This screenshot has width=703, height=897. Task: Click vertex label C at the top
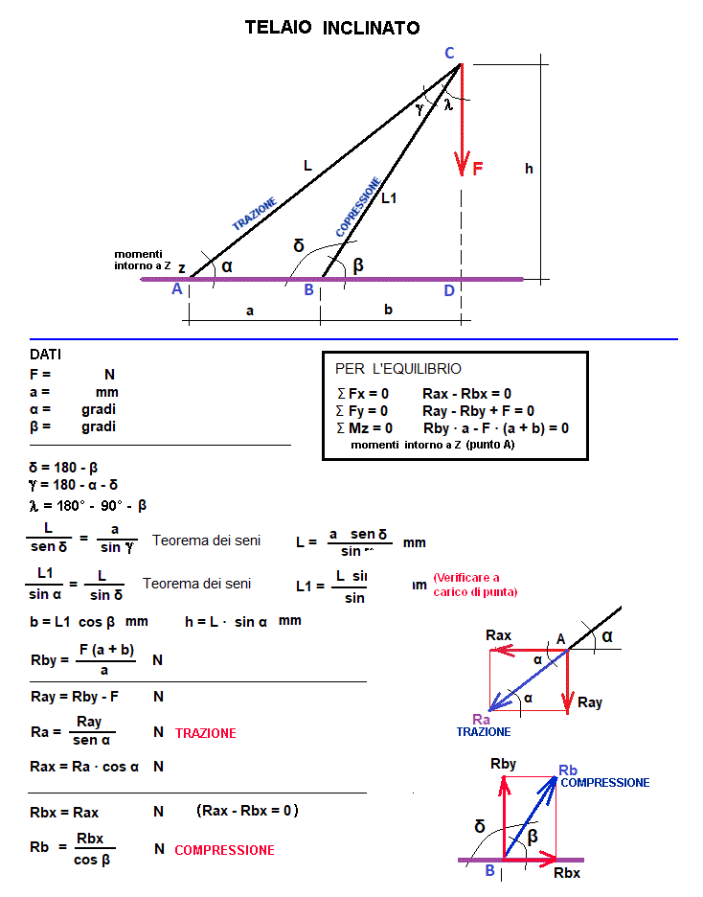449,53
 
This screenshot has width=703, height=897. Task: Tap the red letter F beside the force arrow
478,169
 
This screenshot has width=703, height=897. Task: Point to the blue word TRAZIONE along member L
255,214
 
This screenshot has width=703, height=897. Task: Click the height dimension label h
529,169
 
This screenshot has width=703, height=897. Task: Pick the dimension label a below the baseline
250,310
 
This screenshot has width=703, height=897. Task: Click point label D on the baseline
448,290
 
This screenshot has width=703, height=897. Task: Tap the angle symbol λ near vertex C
447,104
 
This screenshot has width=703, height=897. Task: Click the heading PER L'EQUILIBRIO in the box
397,369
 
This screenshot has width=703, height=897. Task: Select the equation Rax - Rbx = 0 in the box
466,393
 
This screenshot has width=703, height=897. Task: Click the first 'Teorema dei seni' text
206,540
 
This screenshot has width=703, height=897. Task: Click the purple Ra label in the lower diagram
482,719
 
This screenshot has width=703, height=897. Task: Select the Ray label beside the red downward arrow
590,702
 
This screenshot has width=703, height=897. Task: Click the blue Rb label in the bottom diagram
567,770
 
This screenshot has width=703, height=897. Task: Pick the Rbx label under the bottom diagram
567,873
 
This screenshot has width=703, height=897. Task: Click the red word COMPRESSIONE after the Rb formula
224,850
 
